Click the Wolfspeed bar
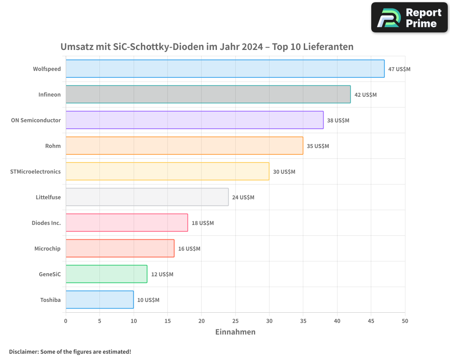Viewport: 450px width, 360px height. [225, 69]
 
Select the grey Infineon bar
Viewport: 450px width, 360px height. [208, 94]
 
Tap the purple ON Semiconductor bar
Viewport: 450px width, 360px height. [194, 120]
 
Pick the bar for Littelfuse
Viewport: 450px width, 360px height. [147, 197]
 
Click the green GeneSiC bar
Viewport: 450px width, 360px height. [106, 274]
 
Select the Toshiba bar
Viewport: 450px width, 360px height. [99, 300]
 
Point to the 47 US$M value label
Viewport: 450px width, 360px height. [399, 69]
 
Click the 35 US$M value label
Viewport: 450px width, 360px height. [318, 146]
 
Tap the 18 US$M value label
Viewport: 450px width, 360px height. [202, 223]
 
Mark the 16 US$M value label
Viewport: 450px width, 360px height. [189, 249]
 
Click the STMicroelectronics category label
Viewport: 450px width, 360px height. [35, 171]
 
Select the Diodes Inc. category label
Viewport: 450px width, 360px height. [46, 223]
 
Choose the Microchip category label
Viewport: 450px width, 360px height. [47, 248]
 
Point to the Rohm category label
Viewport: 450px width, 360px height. [53, 146]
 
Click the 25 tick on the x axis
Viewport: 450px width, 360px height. [235, 321]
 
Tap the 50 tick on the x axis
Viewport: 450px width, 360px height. [405, 321]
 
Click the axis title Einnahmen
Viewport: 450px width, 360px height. [235, 332]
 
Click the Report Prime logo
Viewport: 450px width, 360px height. [409, 18]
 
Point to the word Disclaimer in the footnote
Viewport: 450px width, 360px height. [23, 351]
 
